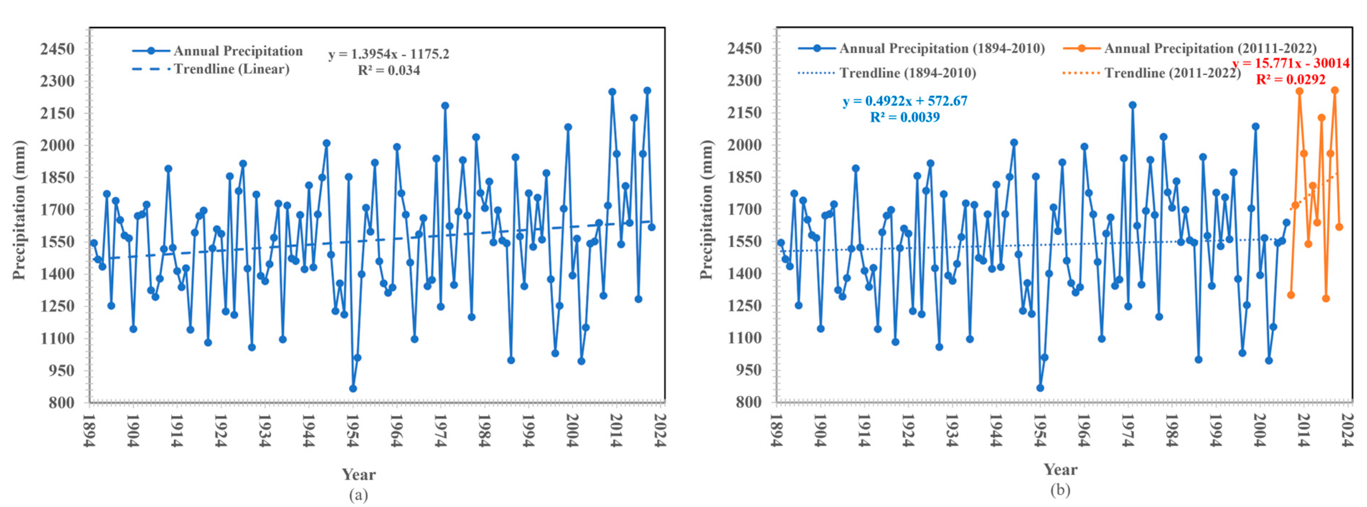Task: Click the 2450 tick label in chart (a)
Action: [x=57, y=49]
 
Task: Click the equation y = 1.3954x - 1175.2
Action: [x=388, y=54]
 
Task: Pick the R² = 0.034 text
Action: [x=388, y=71]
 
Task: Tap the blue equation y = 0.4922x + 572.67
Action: [x=905, y=101]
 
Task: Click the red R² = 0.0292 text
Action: [x=1291, y=80]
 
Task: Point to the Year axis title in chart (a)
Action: [x=358, y=474]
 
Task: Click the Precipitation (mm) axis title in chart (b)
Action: [x=706, y=210]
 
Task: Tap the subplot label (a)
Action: [x=358, y=495]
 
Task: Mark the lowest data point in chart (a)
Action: [x=353, y=389]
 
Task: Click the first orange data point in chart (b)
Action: [x=1291, y=295]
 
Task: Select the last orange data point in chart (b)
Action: [x=1339, y=227]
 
